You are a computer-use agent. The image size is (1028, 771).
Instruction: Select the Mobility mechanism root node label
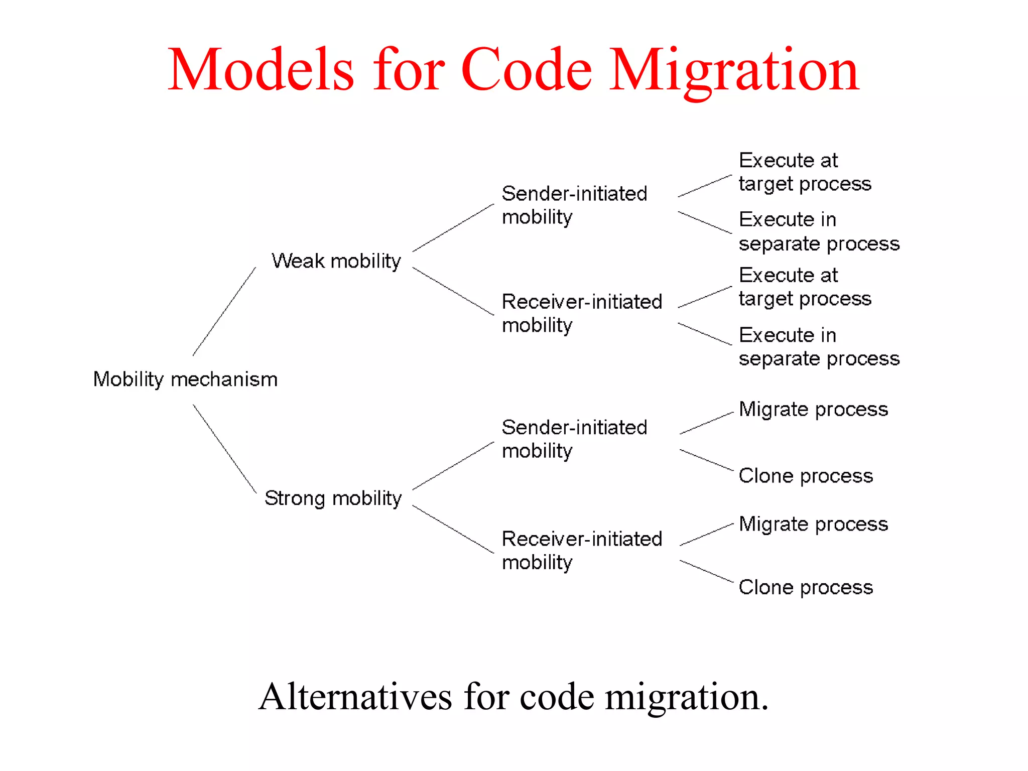185,379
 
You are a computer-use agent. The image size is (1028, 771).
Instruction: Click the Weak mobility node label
336,261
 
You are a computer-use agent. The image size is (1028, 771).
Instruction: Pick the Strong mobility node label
333,498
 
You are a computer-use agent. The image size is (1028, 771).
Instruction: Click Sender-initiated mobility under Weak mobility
574,205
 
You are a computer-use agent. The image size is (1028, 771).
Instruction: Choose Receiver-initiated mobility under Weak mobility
582,313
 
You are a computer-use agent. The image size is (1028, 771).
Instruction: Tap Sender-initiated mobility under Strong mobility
574,439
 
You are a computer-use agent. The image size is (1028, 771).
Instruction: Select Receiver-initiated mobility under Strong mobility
582,551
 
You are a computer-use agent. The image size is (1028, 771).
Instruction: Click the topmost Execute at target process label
805,172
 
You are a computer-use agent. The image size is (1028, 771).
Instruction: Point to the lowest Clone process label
806,587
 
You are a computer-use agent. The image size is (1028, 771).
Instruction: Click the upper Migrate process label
813,410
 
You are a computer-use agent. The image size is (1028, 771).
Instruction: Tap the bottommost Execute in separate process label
819,347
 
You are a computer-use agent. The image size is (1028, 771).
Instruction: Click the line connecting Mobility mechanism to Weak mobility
224,311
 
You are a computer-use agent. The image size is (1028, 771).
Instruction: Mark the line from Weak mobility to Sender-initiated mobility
453,228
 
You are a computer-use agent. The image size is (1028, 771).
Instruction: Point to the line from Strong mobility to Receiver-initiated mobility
453,529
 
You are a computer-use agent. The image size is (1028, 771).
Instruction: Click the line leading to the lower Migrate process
706,535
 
